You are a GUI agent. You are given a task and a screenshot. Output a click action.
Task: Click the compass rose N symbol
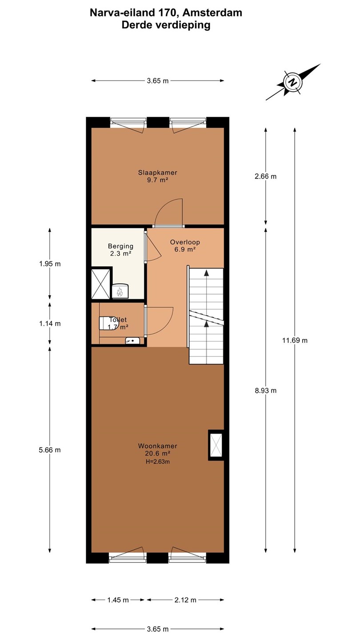click(292, 82)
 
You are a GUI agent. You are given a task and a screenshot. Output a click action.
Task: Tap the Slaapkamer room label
click(157, 172)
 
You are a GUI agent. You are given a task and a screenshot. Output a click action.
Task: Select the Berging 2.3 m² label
click(120, 249)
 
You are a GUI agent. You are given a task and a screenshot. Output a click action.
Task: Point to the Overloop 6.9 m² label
click(185, 246)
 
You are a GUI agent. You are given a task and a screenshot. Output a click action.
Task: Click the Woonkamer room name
click(157, 446)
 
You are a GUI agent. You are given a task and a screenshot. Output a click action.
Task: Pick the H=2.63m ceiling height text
click(158, 461)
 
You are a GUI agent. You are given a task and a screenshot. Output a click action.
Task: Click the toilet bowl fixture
click(105, 323)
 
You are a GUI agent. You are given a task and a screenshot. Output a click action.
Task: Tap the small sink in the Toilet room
click(132, 340)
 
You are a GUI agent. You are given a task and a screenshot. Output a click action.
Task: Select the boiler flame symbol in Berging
click(120, 292)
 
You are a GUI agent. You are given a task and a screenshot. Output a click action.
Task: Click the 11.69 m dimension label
click(295, 340)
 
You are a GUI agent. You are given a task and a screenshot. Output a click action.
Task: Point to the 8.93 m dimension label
click(266, 391)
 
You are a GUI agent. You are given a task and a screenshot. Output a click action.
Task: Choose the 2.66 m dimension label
click(266, 176)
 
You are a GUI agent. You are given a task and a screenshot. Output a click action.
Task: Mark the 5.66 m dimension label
click(50, 450)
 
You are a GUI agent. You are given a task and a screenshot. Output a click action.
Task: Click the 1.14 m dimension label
click(50, 324)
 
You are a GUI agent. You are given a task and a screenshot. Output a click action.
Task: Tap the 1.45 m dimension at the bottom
click(118, 600)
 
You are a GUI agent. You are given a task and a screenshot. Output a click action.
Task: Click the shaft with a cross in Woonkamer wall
click(216, 445)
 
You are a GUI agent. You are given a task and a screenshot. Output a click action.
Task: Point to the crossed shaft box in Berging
click(100, 284)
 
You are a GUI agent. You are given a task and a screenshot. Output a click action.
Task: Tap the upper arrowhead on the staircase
click(206, 273)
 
